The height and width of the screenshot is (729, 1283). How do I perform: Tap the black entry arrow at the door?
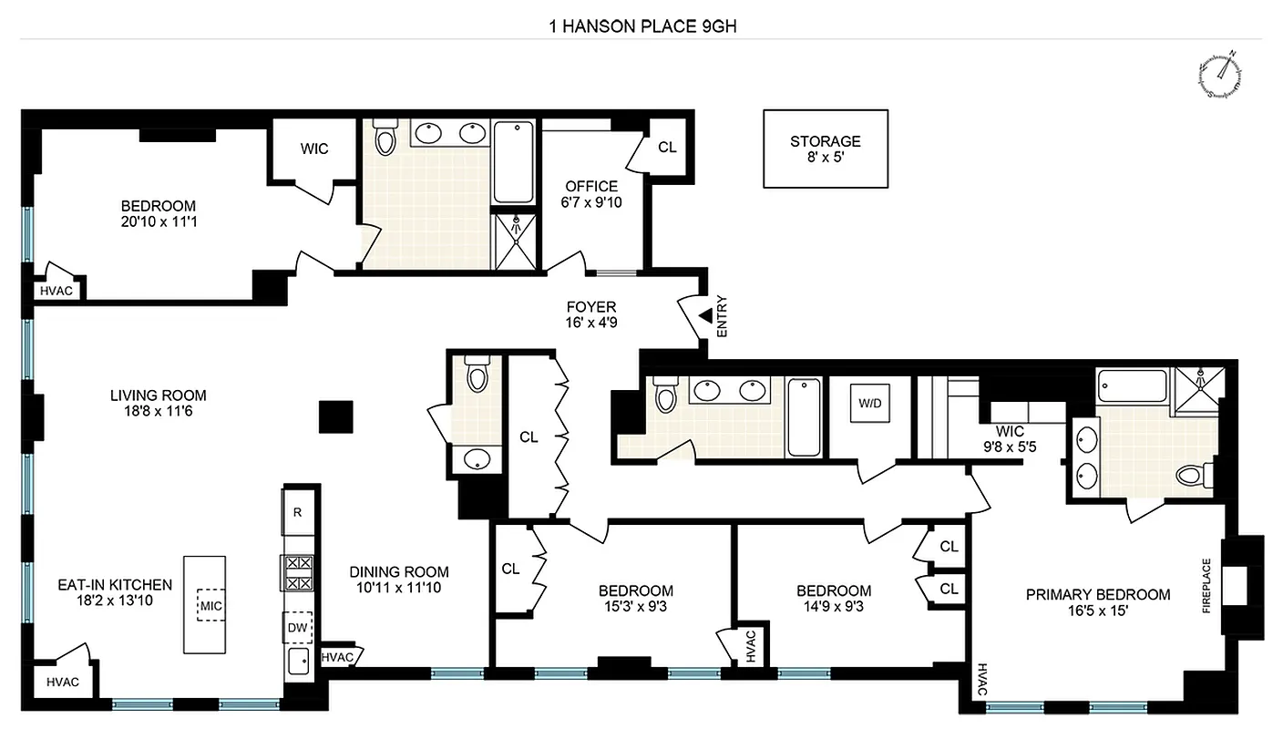[705, 316]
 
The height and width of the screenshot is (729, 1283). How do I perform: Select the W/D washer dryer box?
[867, 403]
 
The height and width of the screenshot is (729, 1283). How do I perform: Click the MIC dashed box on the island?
[211, 604]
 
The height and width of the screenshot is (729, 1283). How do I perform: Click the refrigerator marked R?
[297, 512]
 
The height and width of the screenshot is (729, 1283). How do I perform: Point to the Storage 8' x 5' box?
[825, 149]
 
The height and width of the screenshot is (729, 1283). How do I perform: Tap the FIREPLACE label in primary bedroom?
[1206, 585]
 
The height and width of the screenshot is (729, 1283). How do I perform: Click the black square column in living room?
[335, 416]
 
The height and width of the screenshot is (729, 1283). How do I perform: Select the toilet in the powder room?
[477, 375]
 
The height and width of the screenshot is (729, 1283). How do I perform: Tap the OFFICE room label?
[590, 187]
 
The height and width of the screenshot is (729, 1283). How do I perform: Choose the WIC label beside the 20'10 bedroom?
[313, 149]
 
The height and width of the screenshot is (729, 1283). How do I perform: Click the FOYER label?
[590, 307]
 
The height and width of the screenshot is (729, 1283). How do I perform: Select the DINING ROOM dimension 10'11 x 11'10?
[399, 588]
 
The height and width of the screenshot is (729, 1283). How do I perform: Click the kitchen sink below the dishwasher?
[298, 662]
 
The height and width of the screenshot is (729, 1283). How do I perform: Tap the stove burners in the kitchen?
[298, 573]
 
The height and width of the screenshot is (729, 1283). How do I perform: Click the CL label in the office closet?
[667, 147]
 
